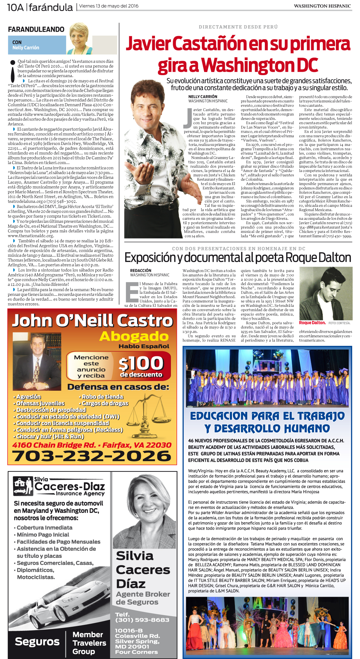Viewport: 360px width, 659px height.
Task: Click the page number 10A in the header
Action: tap(15, 7)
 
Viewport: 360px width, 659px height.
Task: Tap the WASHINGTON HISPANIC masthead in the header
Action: tap(322, 6)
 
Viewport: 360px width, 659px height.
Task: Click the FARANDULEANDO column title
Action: tap(36, 29)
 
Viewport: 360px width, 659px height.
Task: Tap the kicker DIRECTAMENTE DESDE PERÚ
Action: tap(238, 27)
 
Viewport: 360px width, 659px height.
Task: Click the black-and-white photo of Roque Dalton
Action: tap(326, 293)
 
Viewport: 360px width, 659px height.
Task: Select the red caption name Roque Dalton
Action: tap(312, 323)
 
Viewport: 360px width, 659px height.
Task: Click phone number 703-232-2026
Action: tap(92, 456)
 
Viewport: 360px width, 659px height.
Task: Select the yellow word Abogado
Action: tap(134, 336)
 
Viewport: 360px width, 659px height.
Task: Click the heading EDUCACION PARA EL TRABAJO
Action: tap(267, 416)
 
